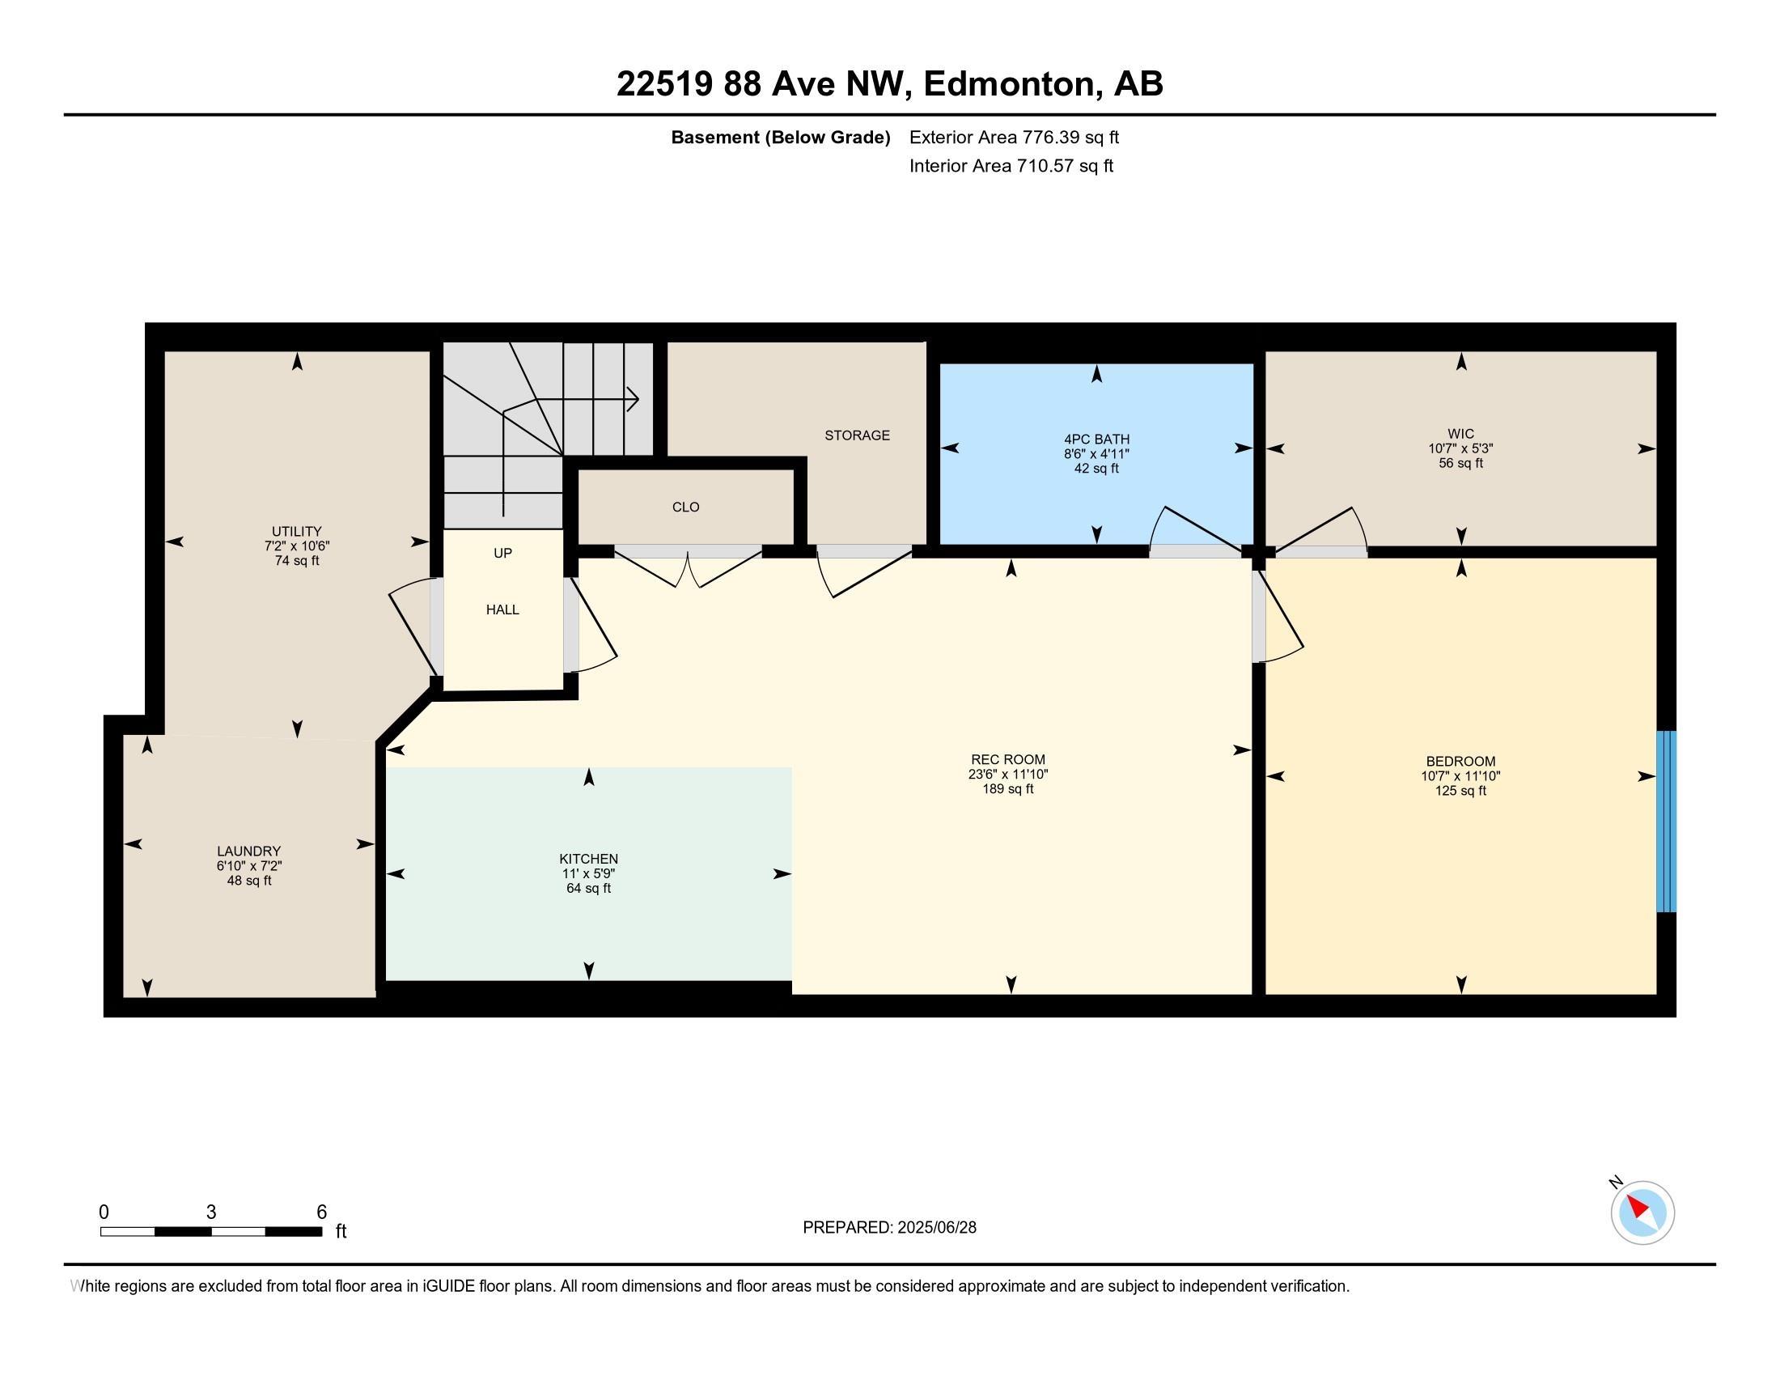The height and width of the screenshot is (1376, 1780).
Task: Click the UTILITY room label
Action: point(297,531)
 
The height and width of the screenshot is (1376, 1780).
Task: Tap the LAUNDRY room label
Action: point(248,851)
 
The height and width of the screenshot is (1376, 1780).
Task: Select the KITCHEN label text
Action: point(588,859)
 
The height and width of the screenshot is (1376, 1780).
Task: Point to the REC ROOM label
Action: point(1008,760)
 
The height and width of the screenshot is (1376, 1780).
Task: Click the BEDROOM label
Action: point(1460,762)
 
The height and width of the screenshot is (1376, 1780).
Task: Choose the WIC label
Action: point(1460,434)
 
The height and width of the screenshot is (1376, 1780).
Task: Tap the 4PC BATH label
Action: point(1096,440)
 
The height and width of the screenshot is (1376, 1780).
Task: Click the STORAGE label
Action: point(857,435)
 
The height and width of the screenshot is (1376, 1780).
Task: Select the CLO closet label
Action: point(685,507)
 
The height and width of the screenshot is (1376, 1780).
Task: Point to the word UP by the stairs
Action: point(503,554)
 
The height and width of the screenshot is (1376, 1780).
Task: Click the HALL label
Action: point(503,609)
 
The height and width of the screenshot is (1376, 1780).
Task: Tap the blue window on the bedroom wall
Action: point(1666,821)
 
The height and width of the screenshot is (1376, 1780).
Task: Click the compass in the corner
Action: point(1642,1212)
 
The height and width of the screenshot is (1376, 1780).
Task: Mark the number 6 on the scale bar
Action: point(322,1212)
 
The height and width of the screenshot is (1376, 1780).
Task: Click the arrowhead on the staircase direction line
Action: point(633,399)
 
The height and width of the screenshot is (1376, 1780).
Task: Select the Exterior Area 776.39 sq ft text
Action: point(1014,137)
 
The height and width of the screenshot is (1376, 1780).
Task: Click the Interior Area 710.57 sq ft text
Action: point(1011,165)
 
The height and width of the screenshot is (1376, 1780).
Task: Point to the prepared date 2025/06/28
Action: point(936,1228)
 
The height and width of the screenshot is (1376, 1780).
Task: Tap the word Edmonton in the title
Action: point(1009,84)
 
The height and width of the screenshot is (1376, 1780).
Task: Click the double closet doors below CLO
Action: point(688,566)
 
